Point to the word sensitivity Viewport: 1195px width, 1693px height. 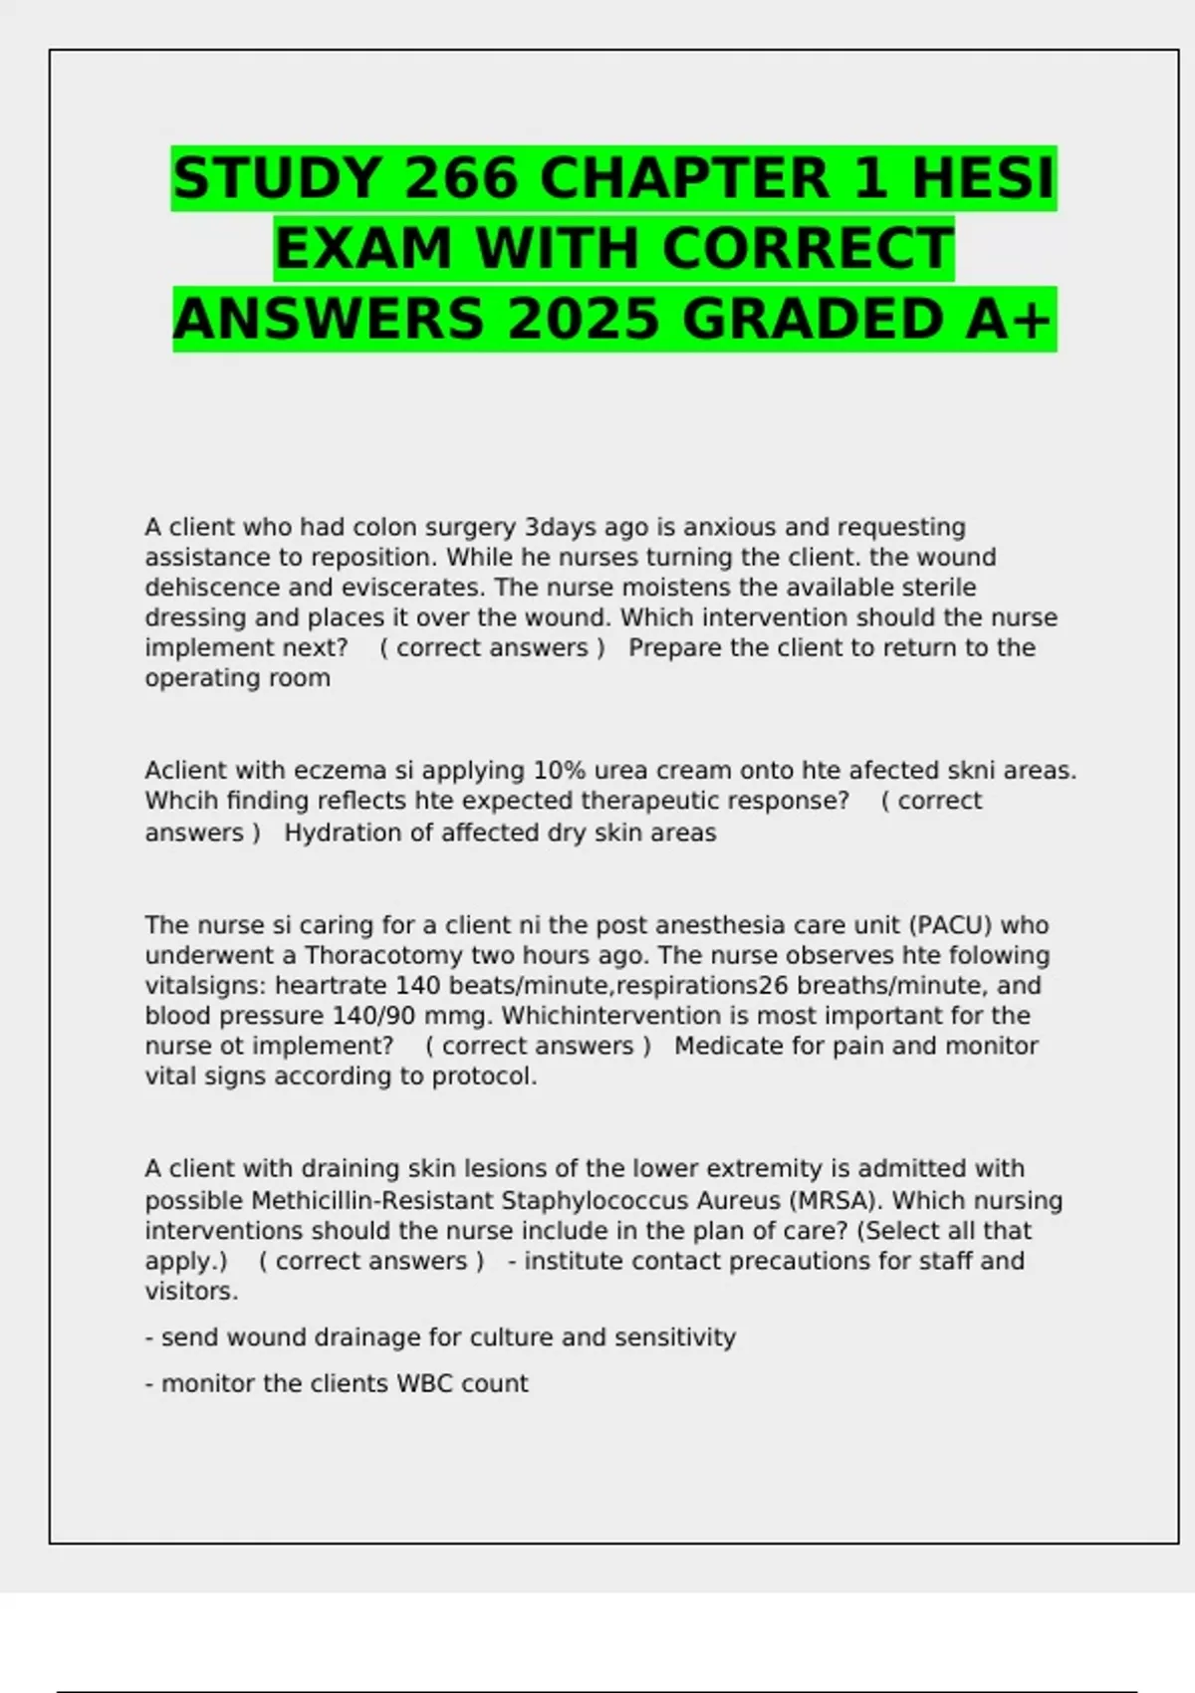pyautogui.click(x=675, y=1337)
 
